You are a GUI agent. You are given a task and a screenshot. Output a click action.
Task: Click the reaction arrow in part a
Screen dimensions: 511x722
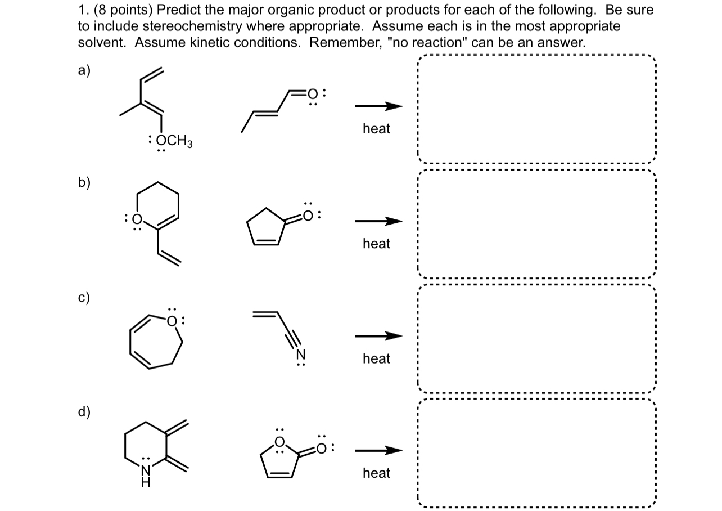[x=378, y=106]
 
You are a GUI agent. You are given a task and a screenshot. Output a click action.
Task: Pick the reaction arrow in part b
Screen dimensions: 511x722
[x=378, y=221]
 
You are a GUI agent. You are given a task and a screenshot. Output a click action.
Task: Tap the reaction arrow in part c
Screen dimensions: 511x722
[x=378, y=337]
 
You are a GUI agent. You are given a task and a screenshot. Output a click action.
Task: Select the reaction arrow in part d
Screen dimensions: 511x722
[x=378, y=451]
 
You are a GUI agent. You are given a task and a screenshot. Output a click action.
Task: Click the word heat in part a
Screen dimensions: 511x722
[x=376, y=129]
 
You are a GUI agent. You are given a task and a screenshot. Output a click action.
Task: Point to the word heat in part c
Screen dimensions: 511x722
[x=376, y=358]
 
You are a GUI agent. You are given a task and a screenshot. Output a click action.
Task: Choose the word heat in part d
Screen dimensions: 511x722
[x=376, y=473]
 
